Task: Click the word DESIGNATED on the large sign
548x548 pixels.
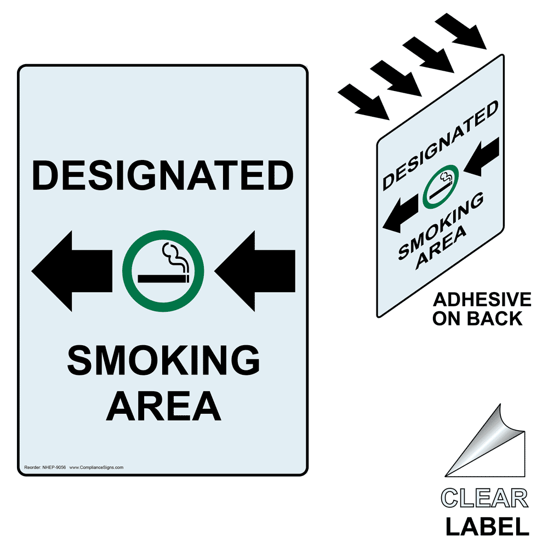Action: click(x=163, y=175)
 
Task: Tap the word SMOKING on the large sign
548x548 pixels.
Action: click(x=163, y=361)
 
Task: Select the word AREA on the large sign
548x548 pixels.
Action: click(x=163, y=405)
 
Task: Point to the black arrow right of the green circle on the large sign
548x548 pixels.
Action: click(x=255, y=269)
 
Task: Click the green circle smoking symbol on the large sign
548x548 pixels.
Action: click(x=163, y=270)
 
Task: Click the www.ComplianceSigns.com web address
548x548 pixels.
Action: click(x=96, y=467)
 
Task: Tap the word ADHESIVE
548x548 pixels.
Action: click(x=482, y=300)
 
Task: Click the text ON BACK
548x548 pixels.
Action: click(x=477, y=318)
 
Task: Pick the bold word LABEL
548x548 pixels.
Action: click(x=487, y=527)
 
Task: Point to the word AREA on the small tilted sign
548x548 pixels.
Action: click(x=441, y=247)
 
